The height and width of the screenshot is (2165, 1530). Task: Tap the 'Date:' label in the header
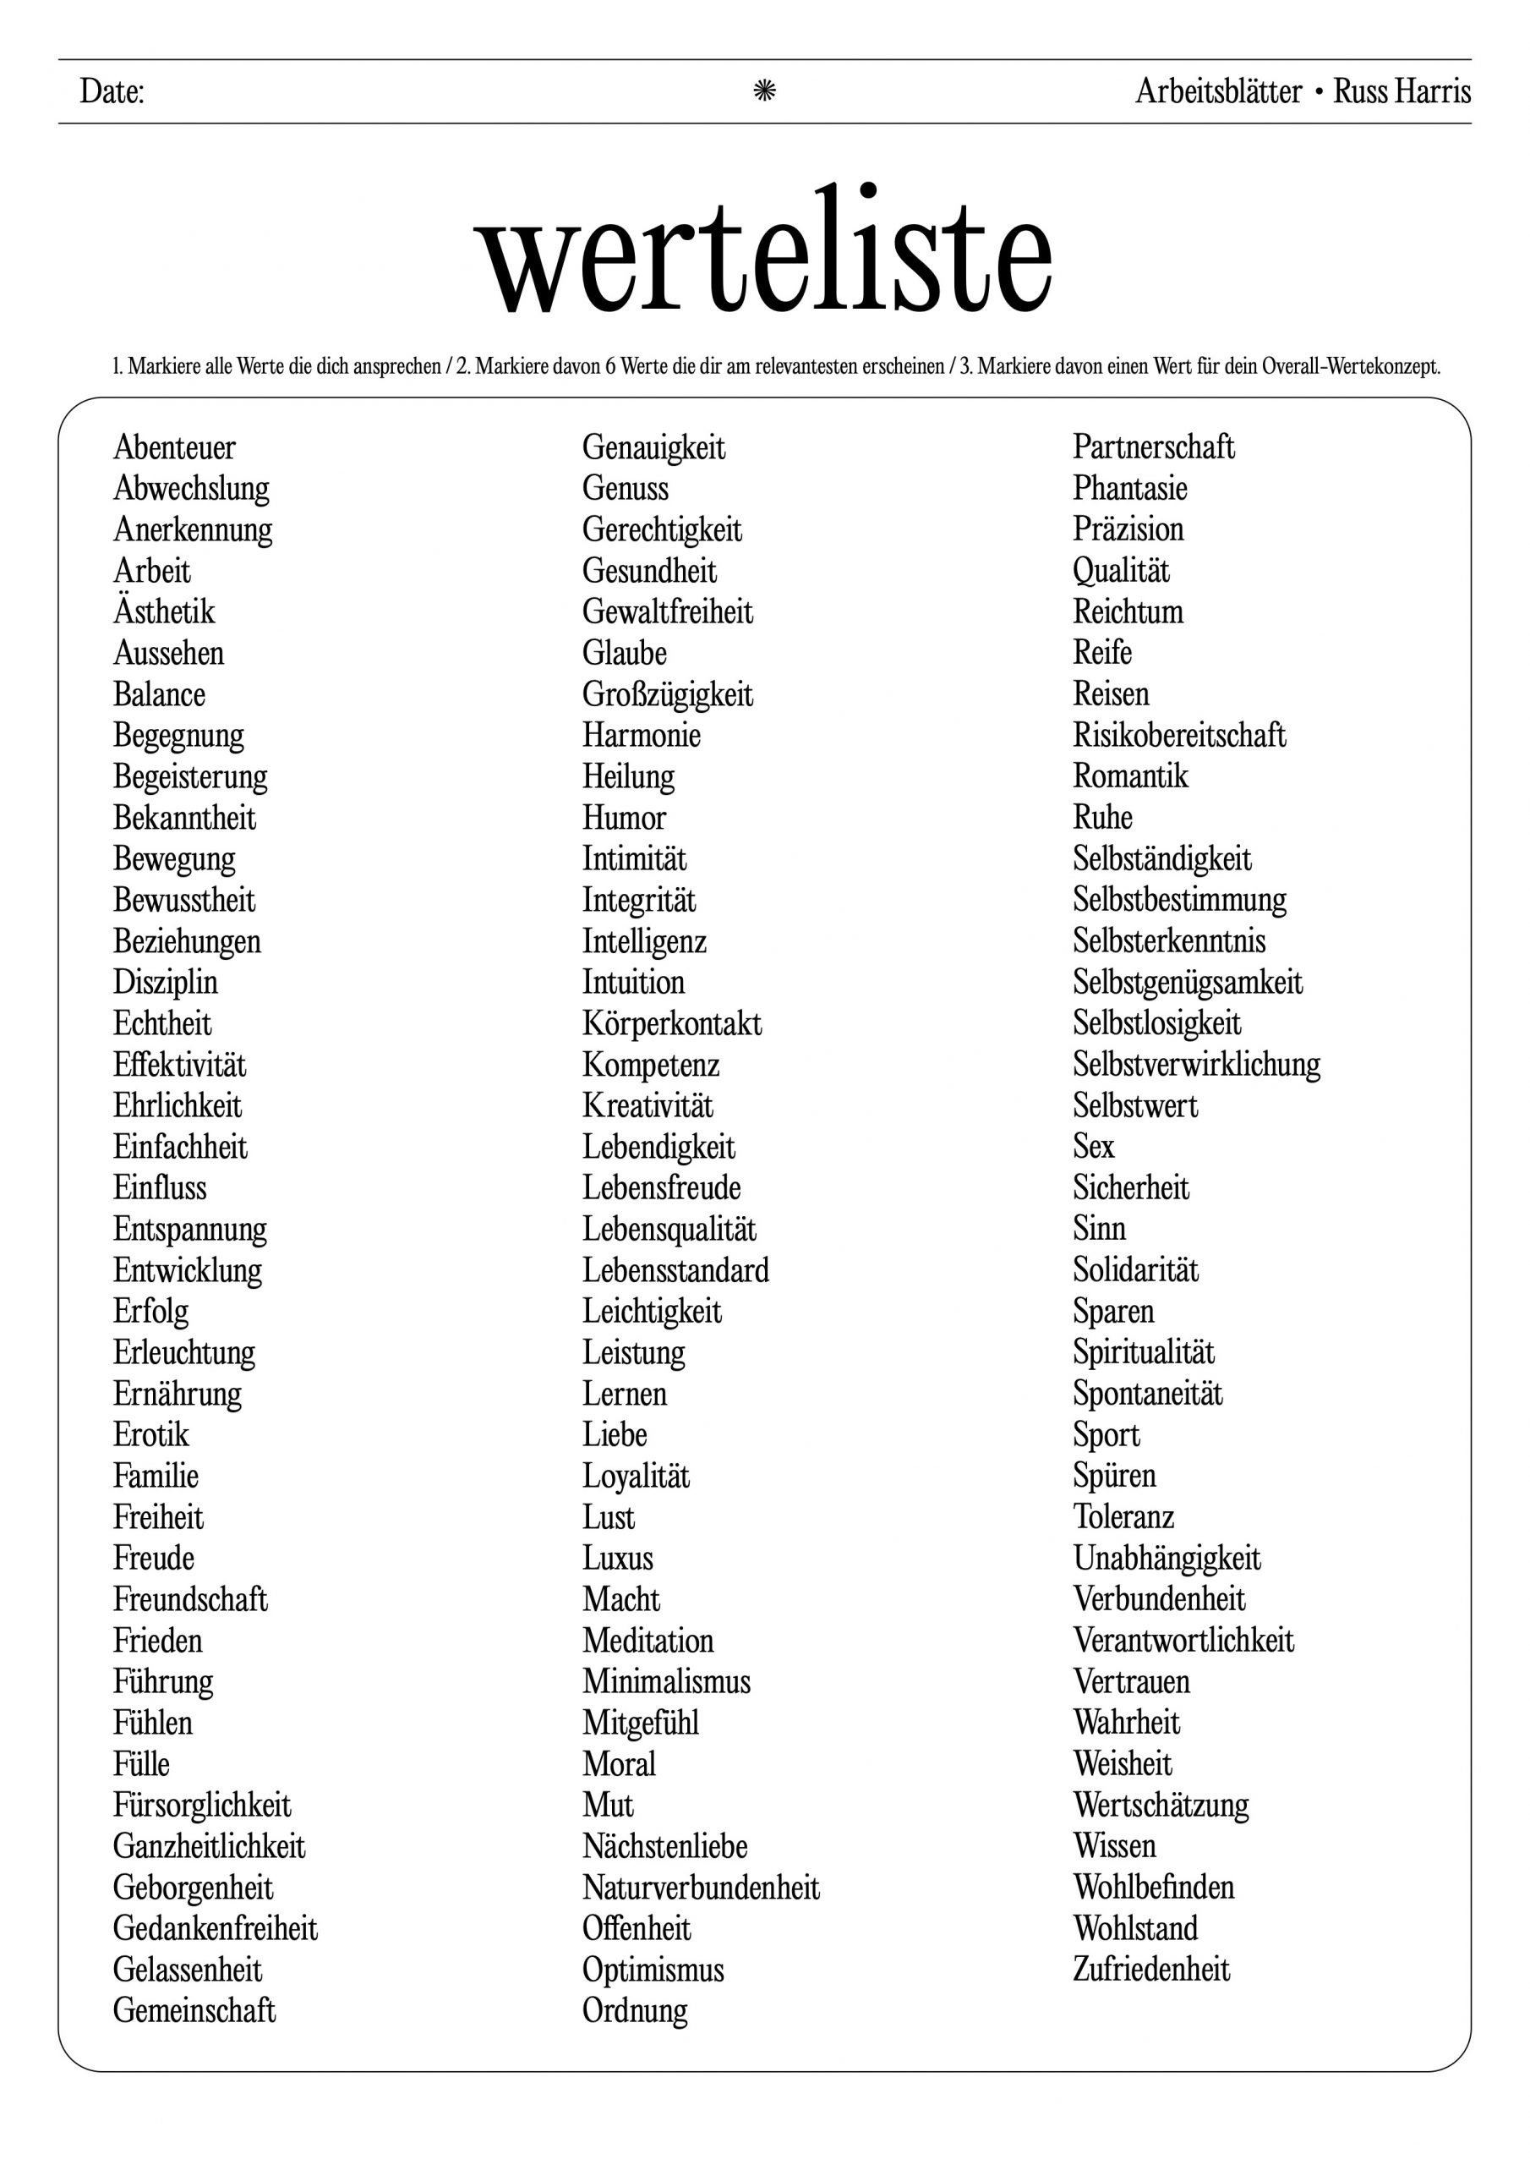(112, 91)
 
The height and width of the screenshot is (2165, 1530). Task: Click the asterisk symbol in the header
(764, 90)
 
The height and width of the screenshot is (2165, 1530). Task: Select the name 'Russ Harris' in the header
(1402, 91)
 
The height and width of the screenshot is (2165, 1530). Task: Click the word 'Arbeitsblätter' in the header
(1218, 91)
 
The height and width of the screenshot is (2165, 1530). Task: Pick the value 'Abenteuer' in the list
(174, 447)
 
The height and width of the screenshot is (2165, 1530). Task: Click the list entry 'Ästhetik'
(164, 611)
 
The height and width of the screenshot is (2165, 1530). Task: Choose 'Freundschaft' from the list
(190, 1599)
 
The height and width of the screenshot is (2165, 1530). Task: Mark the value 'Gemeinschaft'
(194, 2010)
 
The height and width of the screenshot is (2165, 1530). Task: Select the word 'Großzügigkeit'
(668, 695)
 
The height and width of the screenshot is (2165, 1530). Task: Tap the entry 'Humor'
(624, 818)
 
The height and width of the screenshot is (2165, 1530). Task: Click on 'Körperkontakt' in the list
(672, 1023)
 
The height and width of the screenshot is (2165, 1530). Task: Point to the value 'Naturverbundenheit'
(702, 1887)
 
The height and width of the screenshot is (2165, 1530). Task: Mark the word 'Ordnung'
(636, 2010)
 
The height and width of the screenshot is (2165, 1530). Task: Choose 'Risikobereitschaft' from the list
(1179, 735)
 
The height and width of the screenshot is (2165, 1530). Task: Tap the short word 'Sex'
(1094, 1146)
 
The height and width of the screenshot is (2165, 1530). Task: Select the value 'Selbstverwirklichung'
(1196, 1064)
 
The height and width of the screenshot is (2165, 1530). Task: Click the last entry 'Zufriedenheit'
(1151, 1969)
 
